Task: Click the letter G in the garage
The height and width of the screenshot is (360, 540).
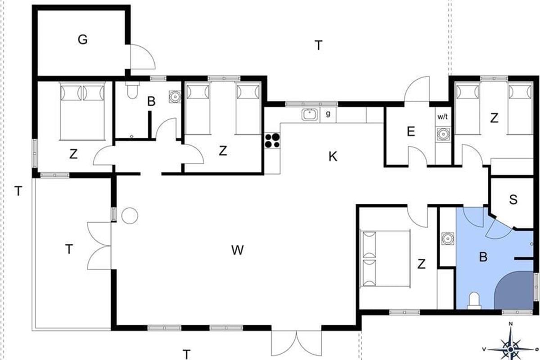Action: pos(83,40)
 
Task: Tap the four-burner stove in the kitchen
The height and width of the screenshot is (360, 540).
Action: pos(272,140)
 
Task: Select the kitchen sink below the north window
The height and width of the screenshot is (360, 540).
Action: pos(310,115)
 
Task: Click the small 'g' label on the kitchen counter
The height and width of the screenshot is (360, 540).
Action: pos(328,114)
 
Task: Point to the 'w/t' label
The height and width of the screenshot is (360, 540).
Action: pos(443,117)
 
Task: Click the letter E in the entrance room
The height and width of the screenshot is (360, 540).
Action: pos(411,131)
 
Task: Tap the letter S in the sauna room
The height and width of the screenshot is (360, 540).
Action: pos(513,200)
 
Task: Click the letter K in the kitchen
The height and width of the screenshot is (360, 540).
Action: pos(333,157)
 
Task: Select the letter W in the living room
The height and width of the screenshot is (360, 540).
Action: pos(238,250)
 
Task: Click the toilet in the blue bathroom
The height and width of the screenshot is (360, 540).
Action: pos(474,301)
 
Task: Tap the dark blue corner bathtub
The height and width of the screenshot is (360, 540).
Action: pos(513,290)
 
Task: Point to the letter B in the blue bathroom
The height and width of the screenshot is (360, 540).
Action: pos(483,257)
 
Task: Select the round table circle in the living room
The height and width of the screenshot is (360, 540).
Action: pos(130,216)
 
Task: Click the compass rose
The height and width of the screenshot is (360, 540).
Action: pos(510,349)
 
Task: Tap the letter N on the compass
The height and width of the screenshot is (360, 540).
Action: pos(510,324)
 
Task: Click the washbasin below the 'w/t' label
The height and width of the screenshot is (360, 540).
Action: pos(443,134)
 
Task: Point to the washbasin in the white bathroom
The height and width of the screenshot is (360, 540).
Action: pos(175,96)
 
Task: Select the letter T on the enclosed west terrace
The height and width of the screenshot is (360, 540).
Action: pos(69,249)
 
